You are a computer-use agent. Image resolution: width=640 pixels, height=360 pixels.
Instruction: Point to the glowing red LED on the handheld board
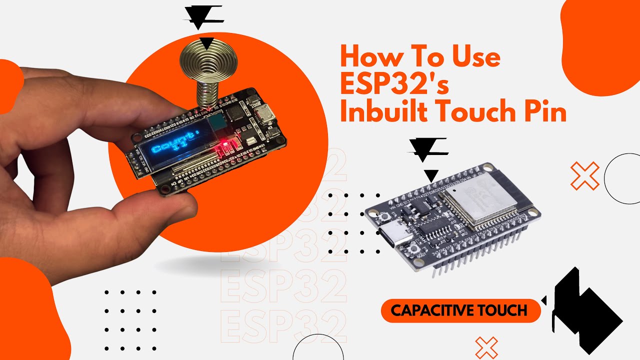point(222,145)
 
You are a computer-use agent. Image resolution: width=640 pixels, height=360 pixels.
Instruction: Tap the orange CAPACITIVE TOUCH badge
point(460,310)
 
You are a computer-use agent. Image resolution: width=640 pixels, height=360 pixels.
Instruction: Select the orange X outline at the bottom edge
point(486,348)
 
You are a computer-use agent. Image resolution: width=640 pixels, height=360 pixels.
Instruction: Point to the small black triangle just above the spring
point(204,43)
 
